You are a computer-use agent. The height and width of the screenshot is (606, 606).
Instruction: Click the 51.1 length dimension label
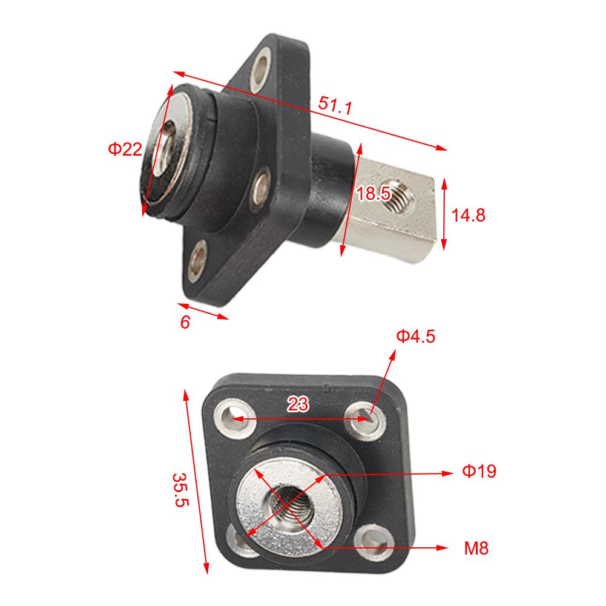coord(335,106)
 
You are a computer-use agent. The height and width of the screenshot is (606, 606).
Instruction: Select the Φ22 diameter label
coord(125,149)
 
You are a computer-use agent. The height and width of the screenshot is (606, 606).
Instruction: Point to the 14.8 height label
coord(469,215)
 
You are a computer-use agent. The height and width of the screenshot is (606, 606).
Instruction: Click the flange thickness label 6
coord(185,322)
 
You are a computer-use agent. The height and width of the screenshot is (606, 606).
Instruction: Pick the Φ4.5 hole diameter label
coord(415,337)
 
